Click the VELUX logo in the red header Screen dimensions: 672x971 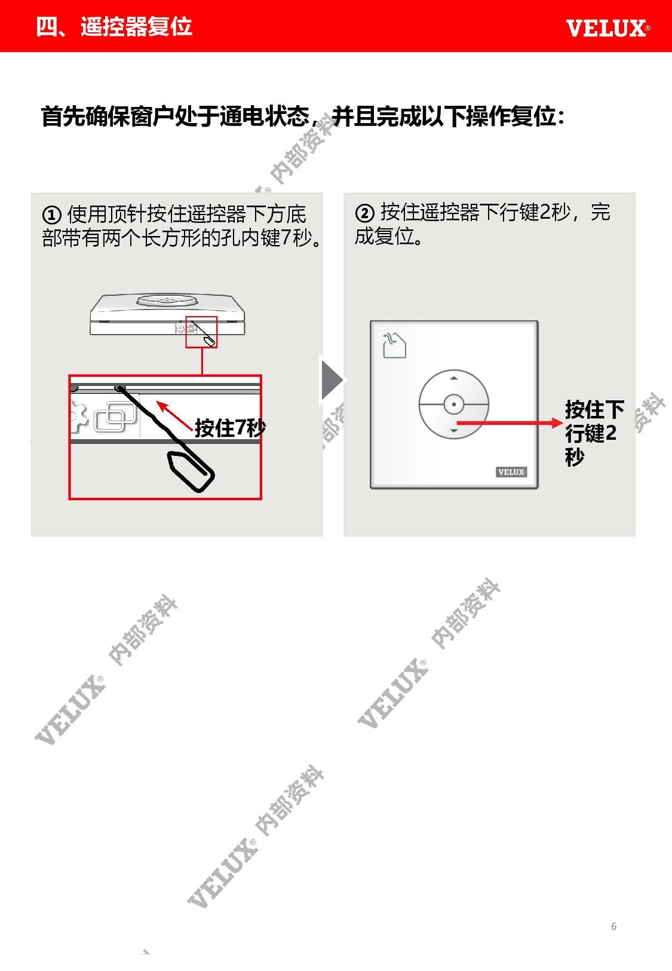click(x=607, y=28)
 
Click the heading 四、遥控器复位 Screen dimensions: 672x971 click(x=114, y=26)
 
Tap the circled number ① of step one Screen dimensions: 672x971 click(x=51, y=215)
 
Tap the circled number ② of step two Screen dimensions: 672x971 click(x=364, y=213)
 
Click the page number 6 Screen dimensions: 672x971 click(x=613, y=926)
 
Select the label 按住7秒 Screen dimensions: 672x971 click(x=230, y=428)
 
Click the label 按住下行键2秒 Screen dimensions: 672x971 click(x=594, y=433)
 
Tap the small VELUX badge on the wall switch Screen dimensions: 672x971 click(x=511, y=472)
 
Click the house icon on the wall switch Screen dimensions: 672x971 click(x=395, y=345)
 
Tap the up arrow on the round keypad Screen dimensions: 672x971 click(x=453, y=378)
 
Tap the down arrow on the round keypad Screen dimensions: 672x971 click(x=453, y=430)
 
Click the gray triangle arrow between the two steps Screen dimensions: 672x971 click(x=332, y=380)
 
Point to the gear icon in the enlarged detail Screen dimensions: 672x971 click(x=79, y=417)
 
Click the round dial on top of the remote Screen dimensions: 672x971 click(x=167, y=300)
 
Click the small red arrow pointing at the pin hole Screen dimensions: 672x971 click(x=174, y=415)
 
